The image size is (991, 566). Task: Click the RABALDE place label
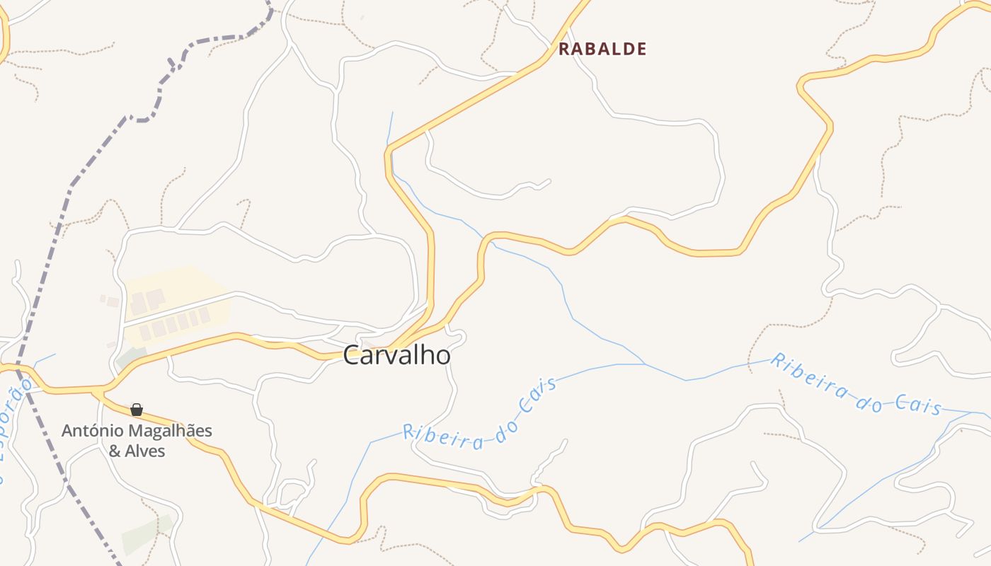coord(602,49)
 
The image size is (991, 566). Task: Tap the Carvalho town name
coord(396,356)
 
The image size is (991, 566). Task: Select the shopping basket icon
coord(137,410)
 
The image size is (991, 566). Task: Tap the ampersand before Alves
coord(115,451)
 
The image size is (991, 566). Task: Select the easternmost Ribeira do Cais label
coord(857,385)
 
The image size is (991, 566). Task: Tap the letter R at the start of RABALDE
coord(564,49)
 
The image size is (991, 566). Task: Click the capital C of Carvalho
coord(352,356)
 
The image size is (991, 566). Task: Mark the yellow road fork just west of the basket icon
coord(103,390)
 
